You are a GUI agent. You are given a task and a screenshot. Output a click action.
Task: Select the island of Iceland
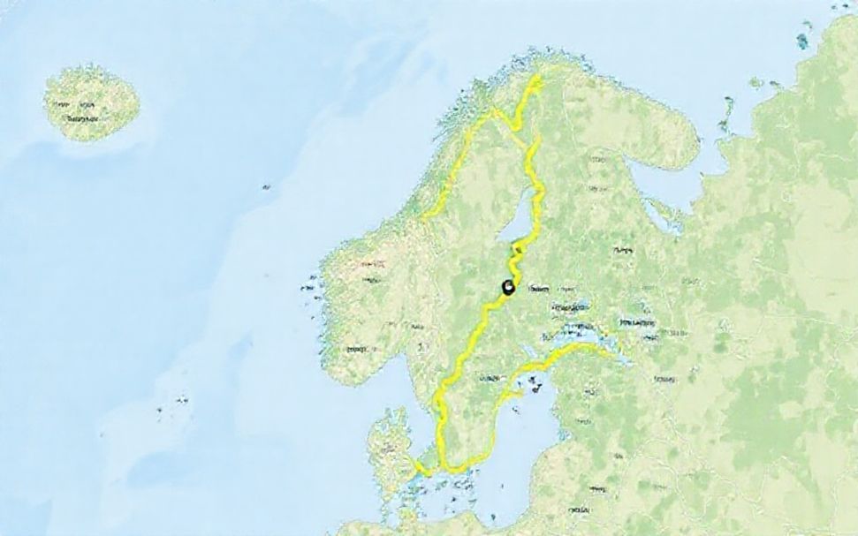(91, 102)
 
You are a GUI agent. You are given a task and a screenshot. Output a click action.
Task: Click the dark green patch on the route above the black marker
(515, 257)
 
